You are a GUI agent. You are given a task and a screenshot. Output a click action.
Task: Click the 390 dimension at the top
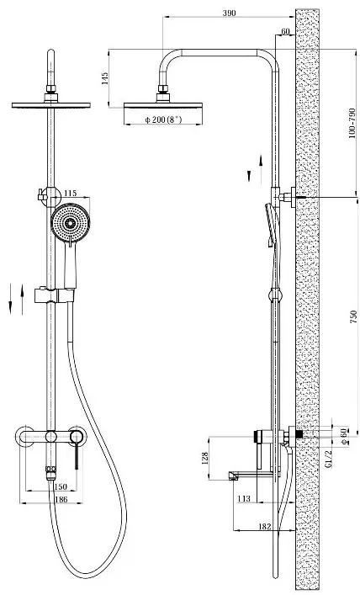[229, 13]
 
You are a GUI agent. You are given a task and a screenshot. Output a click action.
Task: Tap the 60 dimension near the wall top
[285, 31]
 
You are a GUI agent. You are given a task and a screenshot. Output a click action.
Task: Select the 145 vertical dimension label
[105, 78]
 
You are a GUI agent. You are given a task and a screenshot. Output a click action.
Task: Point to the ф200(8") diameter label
[163, 120]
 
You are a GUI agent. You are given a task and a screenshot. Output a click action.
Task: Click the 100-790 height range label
[352, 123]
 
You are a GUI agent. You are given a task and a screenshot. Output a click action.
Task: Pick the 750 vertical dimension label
[353, 316]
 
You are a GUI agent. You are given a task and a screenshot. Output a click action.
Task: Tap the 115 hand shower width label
[70, 194]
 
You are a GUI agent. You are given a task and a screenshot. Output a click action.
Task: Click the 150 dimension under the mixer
[61, 486]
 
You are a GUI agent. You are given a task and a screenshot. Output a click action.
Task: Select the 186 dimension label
[61, 499]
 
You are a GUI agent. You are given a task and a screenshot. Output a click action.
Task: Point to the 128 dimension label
[205, 458]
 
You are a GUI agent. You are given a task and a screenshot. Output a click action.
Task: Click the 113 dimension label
[244, 498]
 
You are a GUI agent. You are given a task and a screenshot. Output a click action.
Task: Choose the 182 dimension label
[264, 526]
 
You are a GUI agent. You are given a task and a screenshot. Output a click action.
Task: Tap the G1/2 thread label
[329, 458]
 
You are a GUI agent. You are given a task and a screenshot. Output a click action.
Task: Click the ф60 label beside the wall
[344, 437]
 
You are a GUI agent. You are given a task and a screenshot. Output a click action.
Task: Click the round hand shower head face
[70, 223]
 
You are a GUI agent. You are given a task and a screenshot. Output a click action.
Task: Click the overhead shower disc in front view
[50, 105]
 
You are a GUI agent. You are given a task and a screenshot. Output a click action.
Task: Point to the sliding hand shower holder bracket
[54, 295]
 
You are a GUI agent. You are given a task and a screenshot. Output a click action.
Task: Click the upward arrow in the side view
[261, 170]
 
